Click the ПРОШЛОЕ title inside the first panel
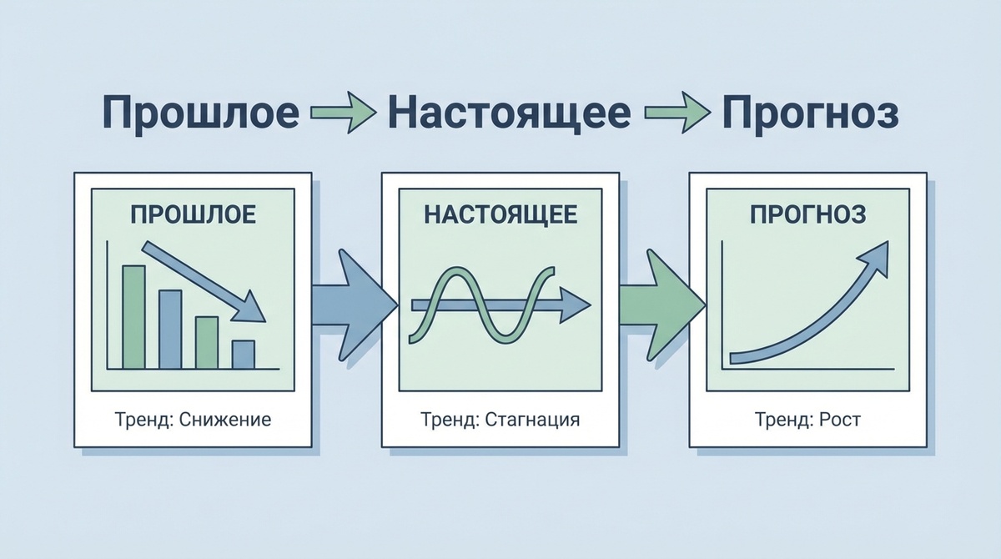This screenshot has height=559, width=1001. click(x=193, y=214)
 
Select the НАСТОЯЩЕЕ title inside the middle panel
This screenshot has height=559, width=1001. click(x=500, y=214)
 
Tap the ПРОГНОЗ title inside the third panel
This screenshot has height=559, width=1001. click(x=807, y=214)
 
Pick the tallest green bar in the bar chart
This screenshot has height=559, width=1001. click(x=133, y=316)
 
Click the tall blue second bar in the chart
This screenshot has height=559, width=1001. click(x=170, y=329)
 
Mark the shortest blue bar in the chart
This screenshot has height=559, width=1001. click(x=243, y=354)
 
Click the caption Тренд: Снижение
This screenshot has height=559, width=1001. click(x=193, y=419)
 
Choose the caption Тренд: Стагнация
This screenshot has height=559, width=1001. click(x=500, y=419)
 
